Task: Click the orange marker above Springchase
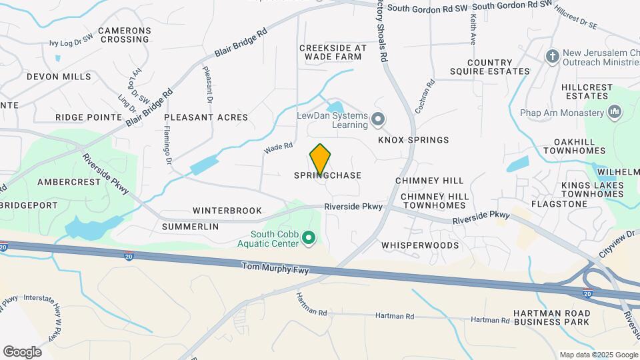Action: point(321,159)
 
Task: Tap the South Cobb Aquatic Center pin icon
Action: point(309,237)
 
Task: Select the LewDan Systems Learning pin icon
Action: point(378,120)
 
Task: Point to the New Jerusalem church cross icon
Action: point(552,57)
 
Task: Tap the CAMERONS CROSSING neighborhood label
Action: point(125,35)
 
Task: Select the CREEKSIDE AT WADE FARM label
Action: point(333,52)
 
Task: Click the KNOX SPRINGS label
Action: point(413,140)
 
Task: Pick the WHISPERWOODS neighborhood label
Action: point(420,245)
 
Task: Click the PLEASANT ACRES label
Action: point(206,117)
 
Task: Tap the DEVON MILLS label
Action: point(59,77)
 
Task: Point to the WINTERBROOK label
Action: point(227,211)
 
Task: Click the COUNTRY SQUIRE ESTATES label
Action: point(499,67)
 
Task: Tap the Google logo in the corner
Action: point(22,351)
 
